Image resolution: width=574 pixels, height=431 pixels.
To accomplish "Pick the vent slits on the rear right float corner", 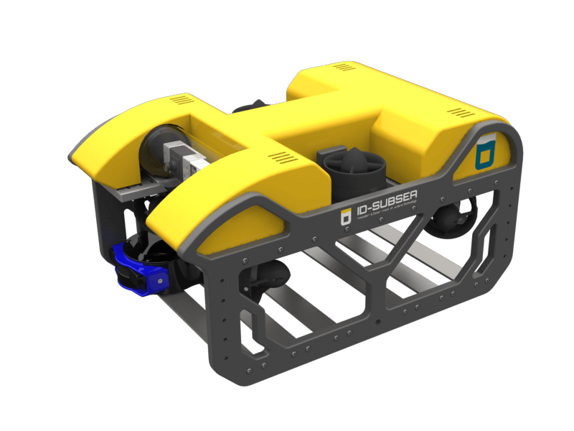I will pyautogui.click(x=458, y=111).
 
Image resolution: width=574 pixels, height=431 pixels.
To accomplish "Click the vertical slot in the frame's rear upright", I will pyautogui.click(x=491, y=236).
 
